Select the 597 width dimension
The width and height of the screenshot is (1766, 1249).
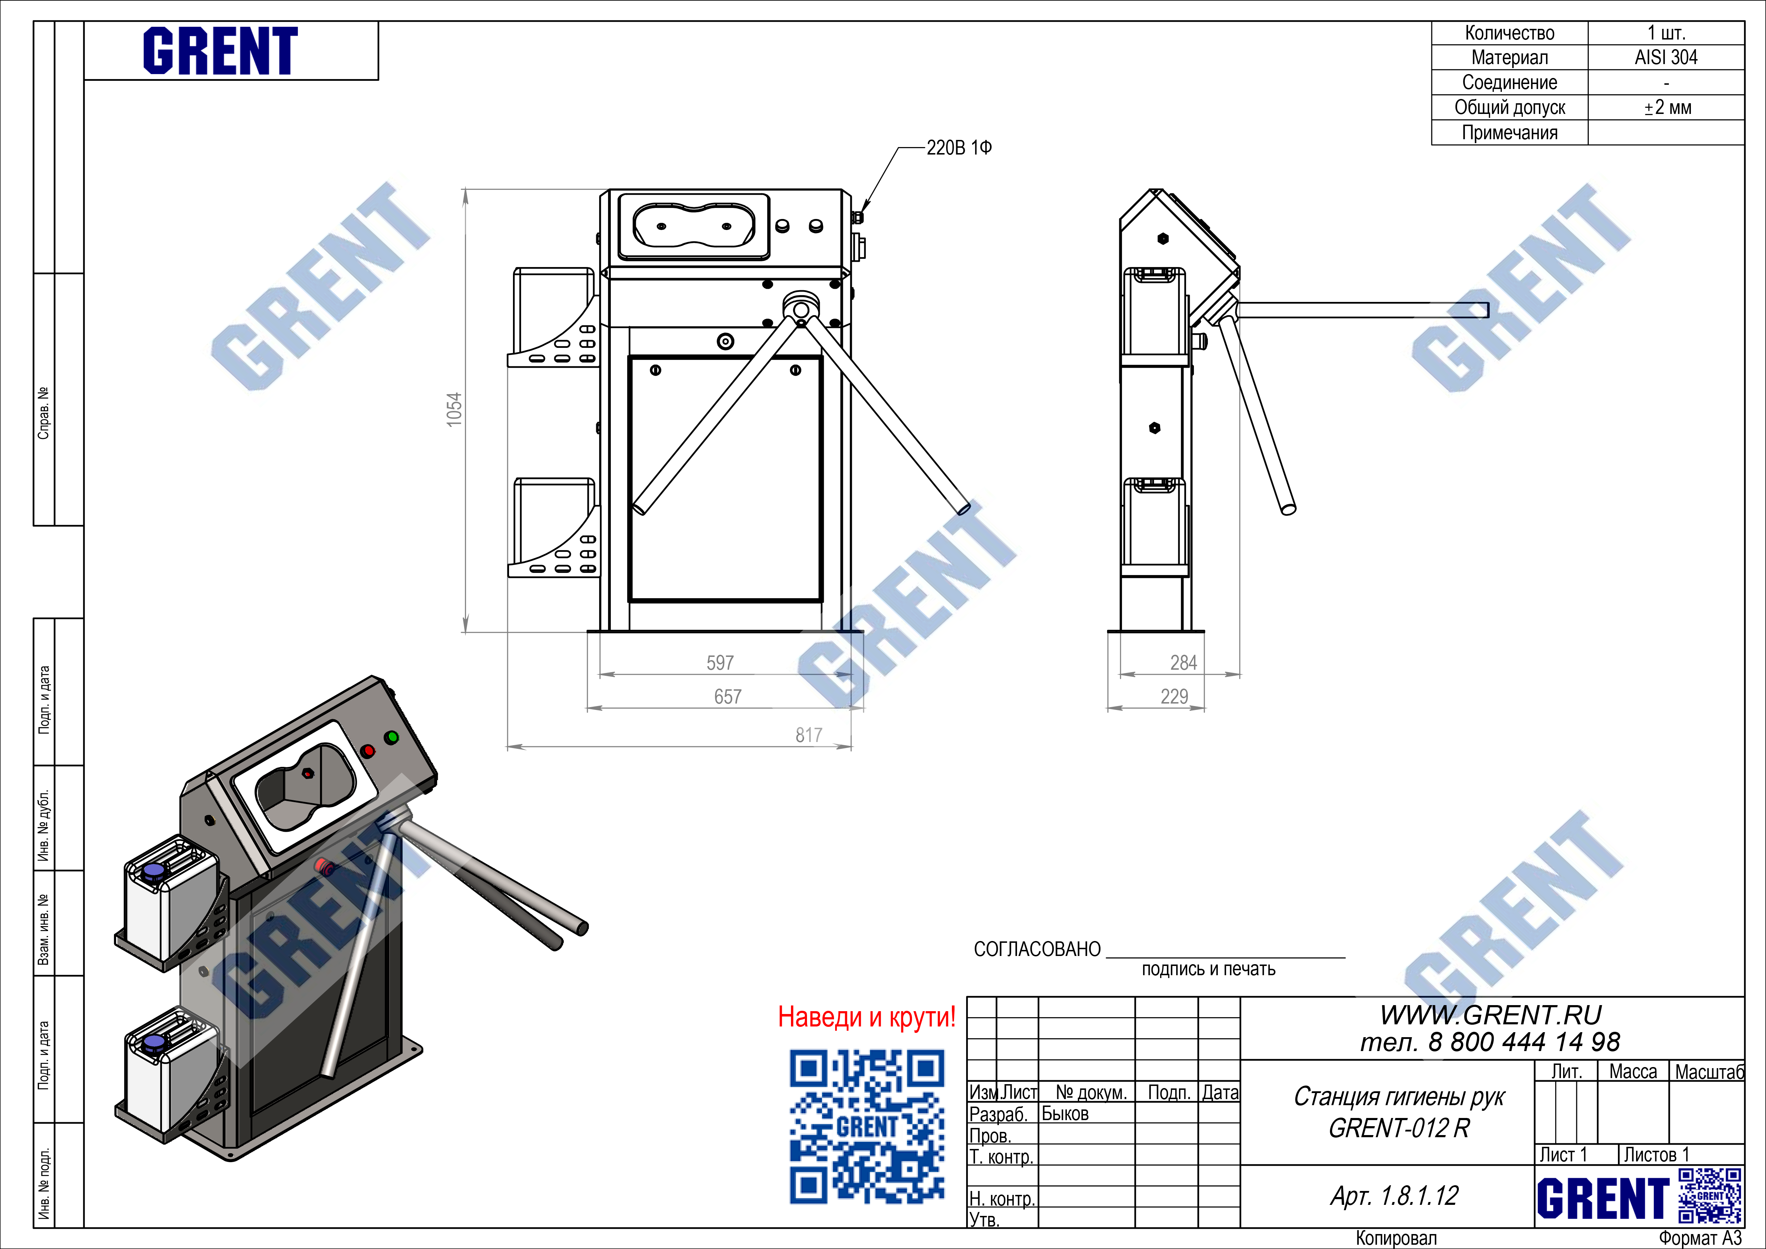(x=720, y=663)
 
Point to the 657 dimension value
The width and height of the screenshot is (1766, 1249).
(x=728, y=697)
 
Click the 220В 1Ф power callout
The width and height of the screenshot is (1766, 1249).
(x=959, y=148)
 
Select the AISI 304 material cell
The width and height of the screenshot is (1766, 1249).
(x=1666, y=58)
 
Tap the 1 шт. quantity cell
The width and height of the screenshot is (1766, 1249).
(x=1666, y=33)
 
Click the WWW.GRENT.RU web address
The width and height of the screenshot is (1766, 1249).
(x=1490, y=1015)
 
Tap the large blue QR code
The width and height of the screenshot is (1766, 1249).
(x=867, y=1127)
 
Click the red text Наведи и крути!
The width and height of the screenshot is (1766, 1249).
(x=867, y=1017)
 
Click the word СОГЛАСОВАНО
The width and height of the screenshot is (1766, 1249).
(x=1037, y=950)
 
